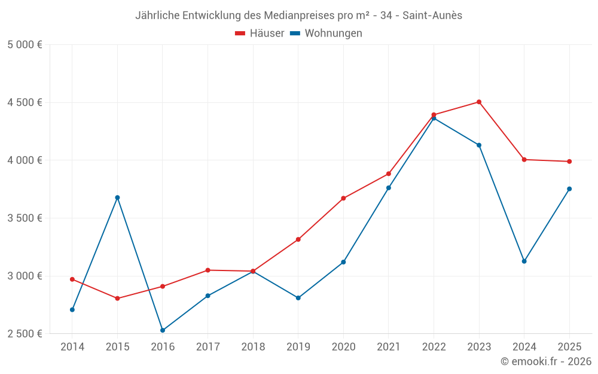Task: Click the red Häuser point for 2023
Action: click(479, 102)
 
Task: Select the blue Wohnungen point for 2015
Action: click(117, 197)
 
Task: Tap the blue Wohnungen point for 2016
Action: click(163, 330)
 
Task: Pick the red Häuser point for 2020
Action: click(343, 198)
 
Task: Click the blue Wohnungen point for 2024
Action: click(524, 261)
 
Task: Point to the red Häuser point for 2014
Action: click(72, 279)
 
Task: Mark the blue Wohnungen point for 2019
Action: click(298, 298)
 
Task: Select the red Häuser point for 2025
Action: click(569, 162)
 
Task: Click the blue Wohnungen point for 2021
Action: click(389, 188)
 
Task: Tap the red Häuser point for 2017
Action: click(208, 270)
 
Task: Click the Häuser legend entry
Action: click(260, 34)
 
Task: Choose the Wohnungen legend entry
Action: click(327, 34)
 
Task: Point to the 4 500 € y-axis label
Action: click(25, 102)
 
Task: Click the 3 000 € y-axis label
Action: click(25, 276)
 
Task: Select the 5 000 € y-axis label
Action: click(25, 45)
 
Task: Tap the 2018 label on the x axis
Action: click(253, 347)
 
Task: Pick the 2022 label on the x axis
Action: click(434, 347)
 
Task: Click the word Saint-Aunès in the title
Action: click(432, 16)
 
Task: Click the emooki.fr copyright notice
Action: click(546, 361)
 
